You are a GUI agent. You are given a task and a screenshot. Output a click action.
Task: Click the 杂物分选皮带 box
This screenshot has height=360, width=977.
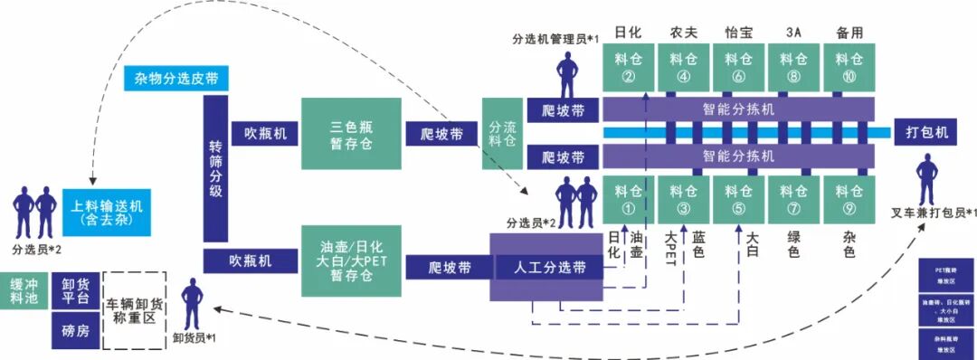(x=175, y=78)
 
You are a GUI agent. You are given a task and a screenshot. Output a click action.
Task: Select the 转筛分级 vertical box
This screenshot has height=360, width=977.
(x=215, y=169)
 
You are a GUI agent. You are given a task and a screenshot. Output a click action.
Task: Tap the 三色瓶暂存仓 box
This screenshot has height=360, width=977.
(x=352, y=134)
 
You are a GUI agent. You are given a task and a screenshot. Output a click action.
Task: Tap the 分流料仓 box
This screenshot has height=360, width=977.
(x=502, y=134)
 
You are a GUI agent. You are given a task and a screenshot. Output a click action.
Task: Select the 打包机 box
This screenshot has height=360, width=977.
(x=926, y=132)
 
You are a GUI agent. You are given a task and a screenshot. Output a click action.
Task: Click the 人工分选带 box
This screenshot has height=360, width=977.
(x=549, y=268)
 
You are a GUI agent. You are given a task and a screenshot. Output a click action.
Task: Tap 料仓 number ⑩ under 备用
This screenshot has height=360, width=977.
(x=849, y=68)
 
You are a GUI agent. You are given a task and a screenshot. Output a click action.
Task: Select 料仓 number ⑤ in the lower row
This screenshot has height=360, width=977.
(x=739, y=200)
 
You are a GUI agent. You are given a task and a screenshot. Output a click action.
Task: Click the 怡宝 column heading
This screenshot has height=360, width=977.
(x=739, y=33)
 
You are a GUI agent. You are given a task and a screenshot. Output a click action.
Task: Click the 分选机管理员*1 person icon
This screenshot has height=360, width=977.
(x=567, y=72)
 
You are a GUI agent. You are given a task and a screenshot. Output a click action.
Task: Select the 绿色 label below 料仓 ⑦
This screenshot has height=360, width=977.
(x=793, y=245)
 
